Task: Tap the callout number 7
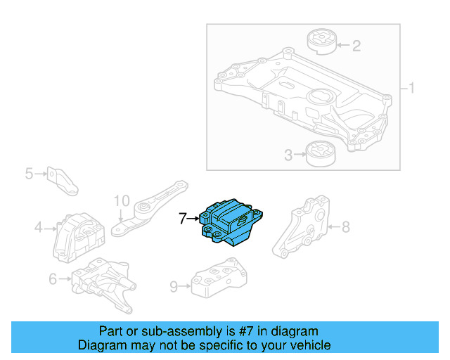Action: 183,219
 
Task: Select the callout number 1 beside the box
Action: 412,89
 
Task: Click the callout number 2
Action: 356,46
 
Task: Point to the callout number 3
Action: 288,155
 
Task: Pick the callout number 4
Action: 39,227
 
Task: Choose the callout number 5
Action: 29,172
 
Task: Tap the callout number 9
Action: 173,286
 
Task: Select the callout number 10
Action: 121,200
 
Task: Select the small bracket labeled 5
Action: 62,179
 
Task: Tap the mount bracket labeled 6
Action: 102,283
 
